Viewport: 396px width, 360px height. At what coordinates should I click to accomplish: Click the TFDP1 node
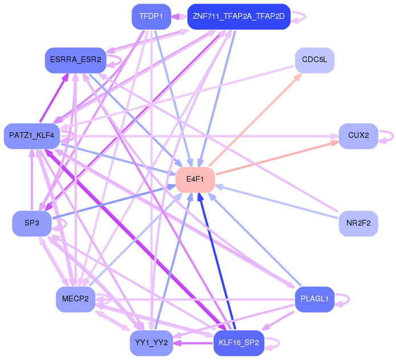click(x=151, y=17)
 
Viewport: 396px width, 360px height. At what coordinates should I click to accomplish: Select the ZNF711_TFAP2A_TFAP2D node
click(x=238, y=17)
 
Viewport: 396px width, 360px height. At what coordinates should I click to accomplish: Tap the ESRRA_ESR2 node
click(x=76, y=60)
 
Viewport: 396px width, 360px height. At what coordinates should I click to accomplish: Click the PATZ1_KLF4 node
click(x=31, y=136)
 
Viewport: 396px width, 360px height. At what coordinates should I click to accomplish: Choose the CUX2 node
click(x=358, y=136)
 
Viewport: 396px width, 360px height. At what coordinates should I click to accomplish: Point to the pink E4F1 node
click(x=195, y=179)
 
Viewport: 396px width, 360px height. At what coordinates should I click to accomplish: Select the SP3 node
click(x=32, y=223)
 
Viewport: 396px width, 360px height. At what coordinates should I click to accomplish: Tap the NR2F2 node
click(x=358, y=223)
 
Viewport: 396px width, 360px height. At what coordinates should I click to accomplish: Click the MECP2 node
click(x=75, y=300)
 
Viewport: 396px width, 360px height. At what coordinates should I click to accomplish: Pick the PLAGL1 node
click(x=315, y=300)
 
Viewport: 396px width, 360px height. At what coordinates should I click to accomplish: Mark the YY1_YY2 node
click(x=151, y=343)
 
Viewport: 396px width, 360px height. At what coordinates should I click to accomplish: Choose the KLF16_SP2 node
click(x=239, y=343)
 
